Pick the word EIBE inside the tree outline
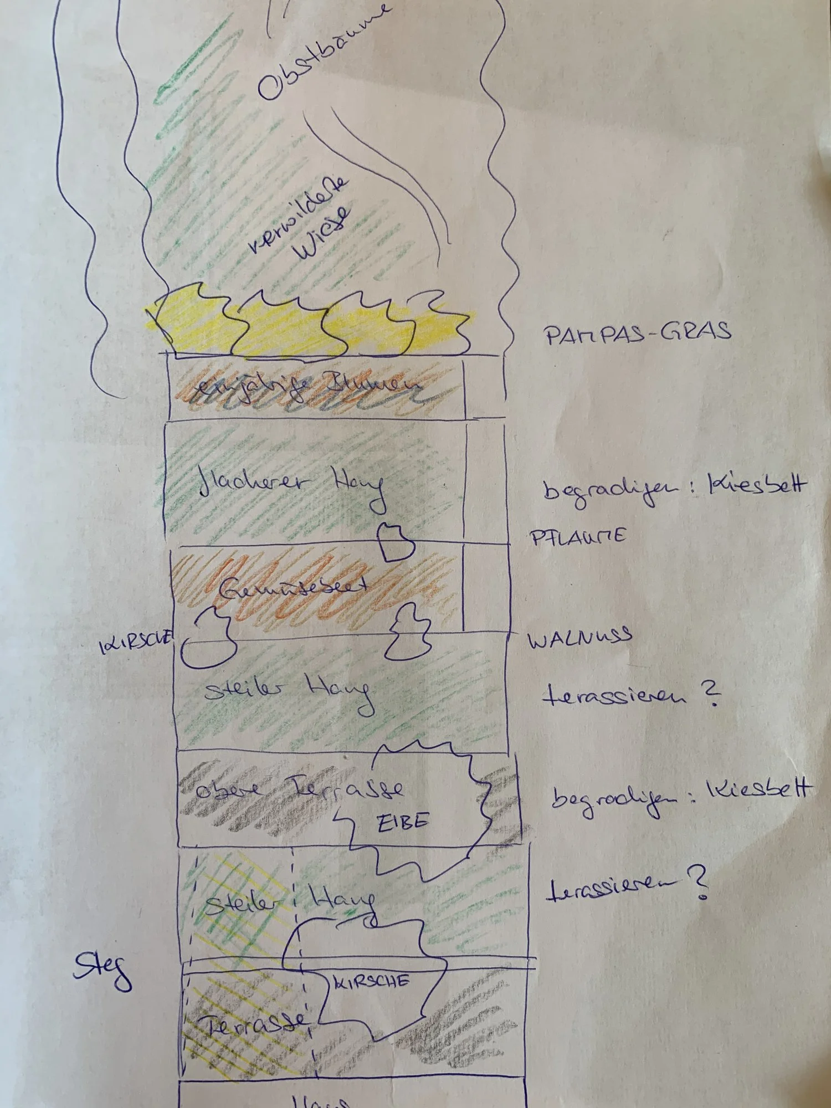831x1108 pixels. pyautogui.click(x=403, y=822)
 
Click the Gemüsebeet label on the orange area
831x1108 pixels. pyautogui.click(x=293, y=588)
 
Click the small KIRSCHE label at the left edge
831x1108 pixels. pyautogui.click(x=136, y=643)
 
